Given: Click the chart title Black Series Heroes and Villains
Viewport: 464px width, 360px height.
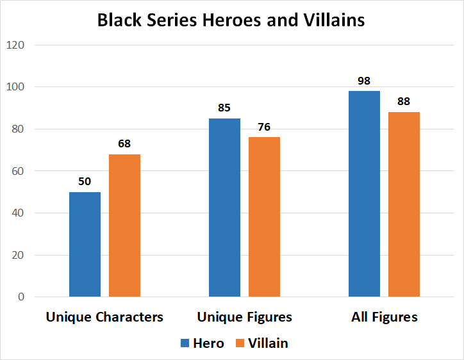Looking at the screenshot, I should tap(231, 20).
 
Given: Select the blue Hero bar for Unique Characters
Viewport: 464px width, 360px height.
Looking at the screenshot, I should tap(85, 244).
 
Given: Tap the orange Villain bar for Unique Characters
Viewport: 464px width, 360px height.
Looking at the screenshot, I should tap(124, 225).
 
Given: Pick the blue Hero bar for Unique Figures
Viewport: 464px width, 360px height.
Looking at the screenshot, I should tap(224, 208).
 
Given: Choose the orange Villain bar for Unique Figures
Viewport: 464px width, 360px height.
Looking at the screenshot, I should tap(264, 217).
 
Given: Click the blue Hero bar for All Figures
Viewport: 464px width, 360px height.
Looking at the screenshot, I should tap(364, 193).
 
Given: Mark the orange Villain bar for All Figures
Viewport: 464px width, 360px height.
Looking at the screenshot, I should tap(404, 204).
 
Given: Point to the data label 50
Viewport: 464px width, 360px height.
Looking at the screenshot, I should tap(85, 181).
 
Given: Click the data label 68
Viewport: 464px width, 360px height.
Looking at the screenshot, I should tap(124, 143).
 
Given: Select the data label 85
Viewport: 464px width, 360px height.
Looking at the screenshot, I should tap(224, 108).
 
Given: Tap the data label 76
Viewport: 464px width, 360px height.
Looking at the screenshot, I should tap(264, 127).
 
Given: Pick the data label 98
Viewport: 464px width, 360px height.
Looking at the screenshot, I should tap(364, 81).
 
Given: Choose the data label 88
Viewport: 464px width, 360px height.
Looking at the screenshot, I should tap(404, 101).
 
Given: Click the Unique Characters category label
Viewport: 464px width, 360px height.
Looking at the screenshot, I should tap(104, 317).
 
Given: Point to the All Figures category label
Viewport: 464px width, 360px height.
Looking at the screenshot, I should tap(384, 317).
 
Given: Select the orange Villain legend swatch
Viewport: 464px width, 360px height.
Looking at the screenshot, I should tap(242, 343).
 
